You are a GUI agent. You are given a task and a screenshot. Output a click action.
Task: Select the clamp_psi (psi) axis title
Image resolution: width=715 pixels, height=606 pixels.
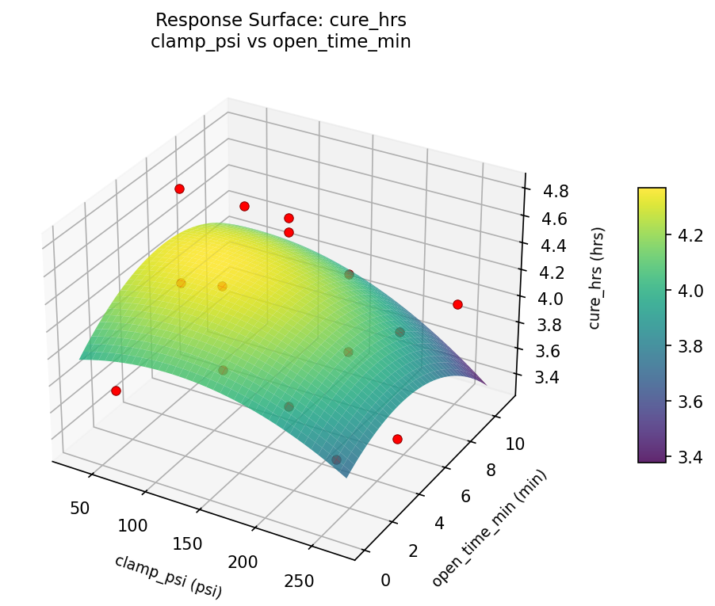point(168,576)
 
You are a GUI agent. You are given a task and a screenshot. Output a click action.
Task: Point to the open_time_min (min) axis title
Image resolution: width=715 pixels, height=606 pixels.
point(489,528)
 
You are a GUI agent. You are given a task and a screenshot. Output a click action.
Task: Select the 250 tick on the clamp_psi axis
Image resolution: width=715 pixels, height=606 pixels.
point(298,581)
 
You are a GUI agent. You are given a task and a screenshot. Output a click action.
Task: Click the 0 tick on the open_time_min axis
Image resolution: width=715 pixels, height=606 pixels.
point(386,580)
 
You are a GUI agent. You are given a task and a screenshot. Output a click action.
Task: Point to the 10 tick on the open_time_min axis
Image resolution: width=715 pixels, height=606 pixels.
point(514,444)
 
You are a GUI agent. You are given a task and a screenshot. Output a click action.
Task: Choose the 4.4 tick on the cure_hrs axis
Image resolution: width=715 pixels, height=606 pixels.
point(552,246)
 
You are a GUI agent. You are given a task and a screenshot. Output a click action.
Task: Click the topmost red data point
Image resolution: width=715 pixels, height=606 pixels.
point(180,189)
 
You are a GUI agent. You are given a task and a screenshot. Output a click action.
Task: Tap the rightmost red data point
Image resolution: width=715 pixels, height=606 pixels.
point(457,304)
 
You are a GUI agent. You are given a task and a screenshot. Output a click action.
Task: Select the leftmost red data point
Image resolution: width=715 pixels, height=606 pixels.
point(117,391)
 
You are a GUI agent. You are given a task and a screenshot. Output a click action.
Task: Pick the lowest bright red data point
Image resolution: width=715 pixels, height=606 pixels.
point(397,439)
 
